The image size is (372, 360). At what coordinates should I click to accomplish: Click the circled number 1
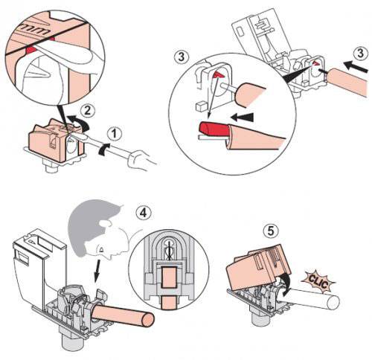coord(115,134)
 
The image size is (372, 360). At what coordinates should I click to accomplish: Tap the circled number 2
coord(88,112)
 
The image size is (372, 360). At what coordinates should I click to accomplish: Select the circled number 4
coord(144,213)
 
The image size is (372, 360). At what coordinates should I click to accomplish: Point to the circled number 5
coord(271,231)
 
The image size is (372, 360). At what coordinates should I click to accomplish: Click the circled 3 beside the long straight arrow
coord(360,54)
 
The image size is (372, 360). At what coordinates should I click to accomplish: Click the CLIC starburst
coord(318,283)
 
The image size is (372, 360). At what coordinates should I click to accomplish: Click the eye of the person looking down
coord(101,248)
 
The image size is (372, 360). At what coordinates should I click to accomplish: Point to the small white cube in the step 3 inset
coord(201,106)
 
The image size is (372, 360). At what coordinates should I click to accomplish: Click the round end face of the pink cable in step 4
coord(147,320)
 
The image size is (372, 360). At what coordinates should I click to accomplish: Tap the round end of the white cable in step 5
coord(333,303)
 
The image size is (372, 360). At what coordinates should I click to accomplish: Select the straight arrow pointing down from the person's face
coord(98,271)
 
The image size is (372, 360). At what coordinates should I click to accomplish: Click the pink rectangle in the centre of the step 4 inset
coord(169,277)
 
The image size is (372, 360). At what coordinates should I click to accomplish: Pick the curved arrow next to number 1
coord(104,149)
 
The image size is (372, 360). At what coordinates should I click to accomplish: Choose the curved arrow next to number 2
coord(80,123)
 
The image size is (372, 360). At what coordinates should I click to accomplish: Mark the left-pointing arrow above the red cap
coord(242,118)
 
